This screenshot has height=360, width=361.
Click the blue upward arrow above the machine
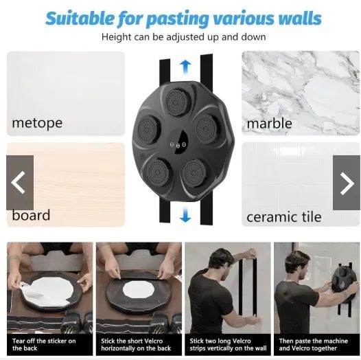(x=185, y=67)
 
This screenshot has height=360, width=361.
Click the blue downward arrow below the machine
(x=185, y=214)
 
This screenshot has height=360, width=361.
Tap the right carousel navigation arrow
(x=347, y=183)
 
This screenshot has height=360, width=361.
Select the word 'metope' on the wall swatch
(x=37, y=123)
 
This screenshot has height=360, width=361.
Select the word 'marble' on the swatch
(x=269, y=123)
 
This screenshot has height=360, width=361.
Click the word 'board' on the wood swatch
(x=31, y=215)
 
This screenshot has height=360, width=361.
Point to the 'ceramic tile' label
(x=284, y=217)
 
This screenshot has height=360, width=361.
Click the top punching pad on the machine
(x=177, y=102)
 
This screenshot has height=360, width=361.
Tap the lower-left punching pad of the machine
(x=157, y=172)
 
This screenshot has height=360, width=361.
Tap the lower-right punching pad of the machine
(x=194, y=172)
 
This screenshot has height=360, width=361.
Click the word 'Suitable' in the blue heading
(x=80, y=19)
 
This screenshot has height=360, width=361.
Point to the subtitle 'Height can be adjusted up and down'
(x=184, y=37)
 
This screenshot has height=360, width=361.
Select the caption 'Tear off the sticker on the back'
(x=44, y=344)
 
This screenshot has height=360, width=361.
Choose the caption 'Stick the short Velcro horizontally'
(x=136, y=344)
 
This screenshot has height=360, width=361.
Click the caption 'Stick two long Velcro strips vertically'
(x=228, y=344)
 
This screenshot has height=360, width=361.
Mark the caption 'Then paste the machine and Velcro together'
(x=314, y=344)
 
